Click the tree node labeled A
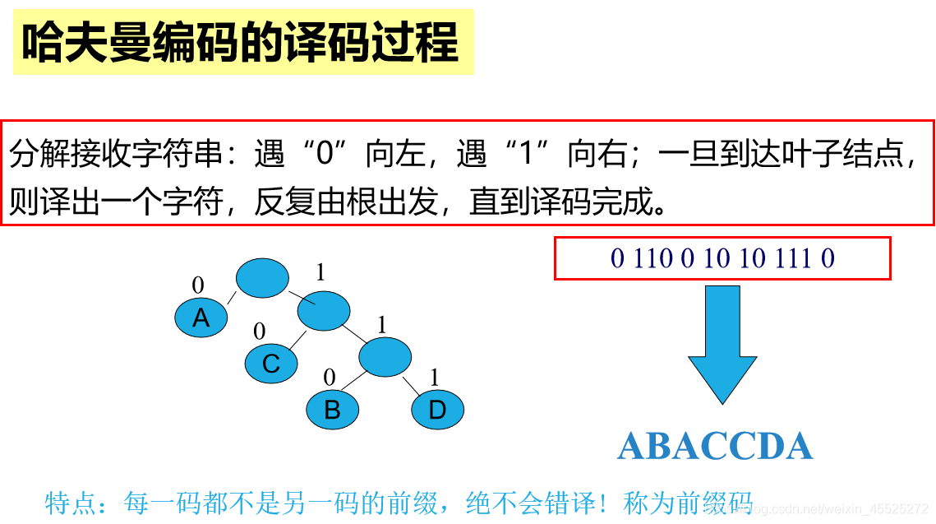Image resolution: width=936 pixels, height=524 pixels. point(201,318)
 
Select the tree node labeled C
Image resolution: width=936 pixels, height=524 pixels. point(271,363)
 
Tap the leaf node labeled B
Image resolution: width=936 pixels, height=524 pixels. point(333,409)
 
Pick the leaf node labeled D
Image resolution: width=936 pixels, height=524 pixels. point(437,409)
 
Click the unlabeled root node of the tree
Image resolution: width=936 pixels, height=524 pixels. point(262,278)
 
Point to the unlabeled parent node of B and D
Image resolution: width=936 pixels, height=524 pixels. point(385,357)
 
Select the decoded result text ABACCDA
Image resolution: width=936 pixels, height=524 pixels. point(715,447)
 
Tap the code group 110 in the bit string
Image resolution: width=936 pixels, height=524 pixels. point(653,259)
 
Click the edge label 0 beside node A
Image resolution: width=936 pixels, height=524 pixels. point(198,285)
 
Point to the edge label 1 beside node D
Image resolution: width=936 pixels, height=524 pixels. point(435,378)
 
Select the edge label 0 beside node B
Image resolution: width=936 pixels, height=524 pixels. point(330,378)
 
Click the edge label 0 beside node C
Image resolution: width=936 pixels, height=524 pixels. point(260,332)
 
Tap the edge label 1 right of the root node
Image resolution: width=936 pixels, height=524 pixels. point(321,272)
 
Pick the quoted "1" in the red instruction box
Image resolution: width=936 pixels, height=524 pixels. point(535,154)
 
